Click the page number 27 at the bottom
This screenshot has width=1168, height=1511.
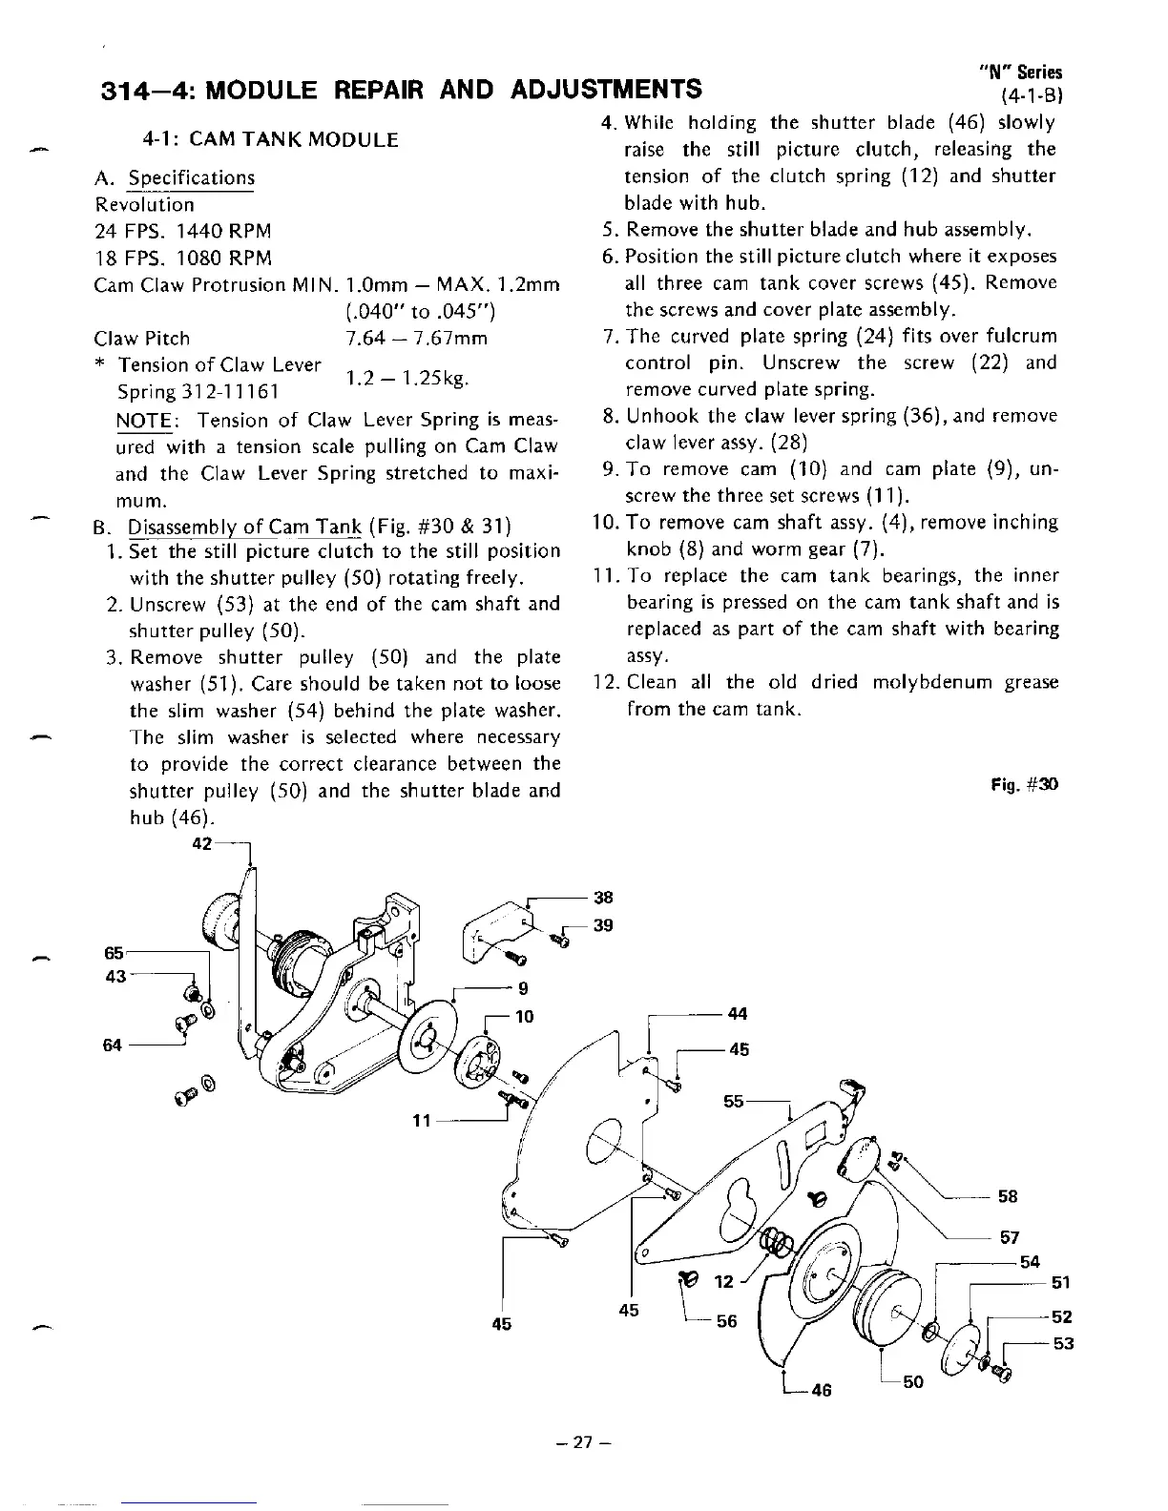pyautogui.click(x=584, y=1443)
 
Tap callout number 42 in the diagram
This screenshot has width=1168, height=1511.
pyautogui.click(x=202, y=845)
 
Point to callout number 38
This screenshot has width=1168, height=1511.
pyautogui.click(x=603, y=897)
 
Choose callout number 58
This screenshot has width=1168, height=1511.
pyautogui.click(x=1008, y=1196)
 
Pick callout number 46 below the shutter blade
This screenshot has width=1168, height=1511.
pyautogui.click(x=820, y=1390)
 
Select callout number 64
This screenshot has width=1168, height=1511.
pyautogui.click(x=113, y=1045)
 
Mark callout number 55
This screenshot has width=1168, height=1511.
pyautogui.click(x=734, y=1101)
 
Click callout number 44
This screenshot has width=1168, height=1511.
pyautogui.click(x=738, y=1014)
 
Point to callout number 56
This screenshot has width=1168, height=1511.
pyautogui.click(x=726, y=1321)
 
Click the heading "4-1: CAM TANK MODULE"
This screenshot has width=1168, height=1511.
pyautogui.click(x=270, y=140)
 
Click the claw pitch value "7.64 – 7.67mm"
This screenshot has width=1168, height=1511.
pyautogui.click(x=416, y=339)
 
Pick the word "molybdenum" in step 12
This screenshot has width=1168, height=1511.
pyautogui.click(x=916, y=683)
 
